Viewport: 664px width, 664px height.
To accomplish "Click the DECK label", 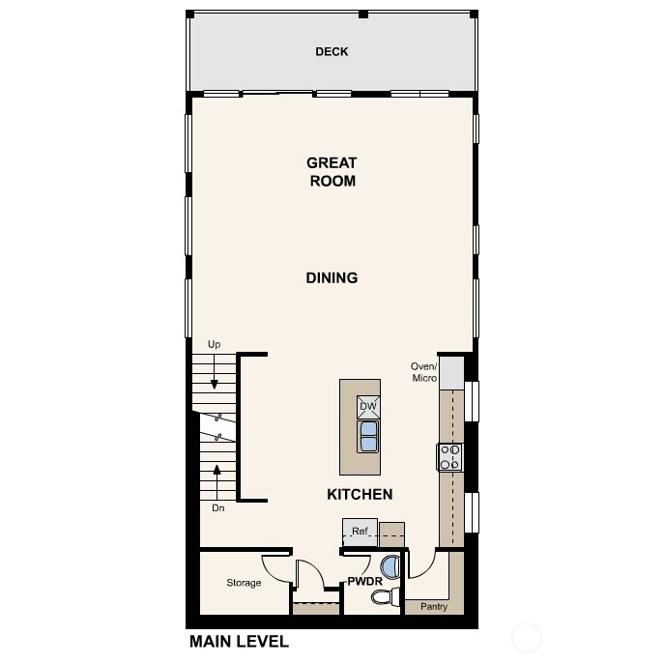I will click(x=332, y=51).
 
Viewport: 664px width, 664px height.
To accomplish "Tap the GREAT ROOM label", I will click(x=332, y=172).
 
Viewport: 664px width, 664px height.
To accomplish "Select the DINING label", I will click(x=332, y=278).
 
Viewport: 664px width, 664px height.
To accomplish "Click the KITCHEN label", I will click(x=360, y=495).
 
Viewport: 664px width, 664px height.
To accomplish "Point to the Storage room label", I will click(x=244, y=583).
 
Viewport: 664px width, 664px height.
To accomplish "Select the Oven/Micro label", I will click(x=424, y=371).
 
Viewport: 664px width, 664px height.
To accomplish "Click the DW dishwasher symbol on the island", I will click(x=367, y=407).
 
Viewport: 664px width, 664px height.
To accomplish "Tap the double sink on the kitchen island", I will click(x=368, y=438).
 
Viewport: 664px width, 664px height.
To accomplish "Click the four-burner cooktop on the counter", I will click(x=450, y=456).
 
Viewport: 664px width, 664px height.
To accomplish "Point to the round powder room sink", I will click(x=390, y=566).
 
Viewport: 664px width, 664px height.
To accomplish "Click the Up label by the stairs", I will click(x=214, y=344).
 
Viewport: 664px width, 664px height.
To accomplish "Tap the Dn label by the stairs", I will click(x=217, y=506).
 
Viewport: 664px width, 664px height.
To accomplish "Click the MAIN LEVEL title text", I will click(x=239, y=641).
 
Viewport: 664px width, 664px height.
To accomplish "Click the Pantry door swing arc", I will click(x=421, y=565).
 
